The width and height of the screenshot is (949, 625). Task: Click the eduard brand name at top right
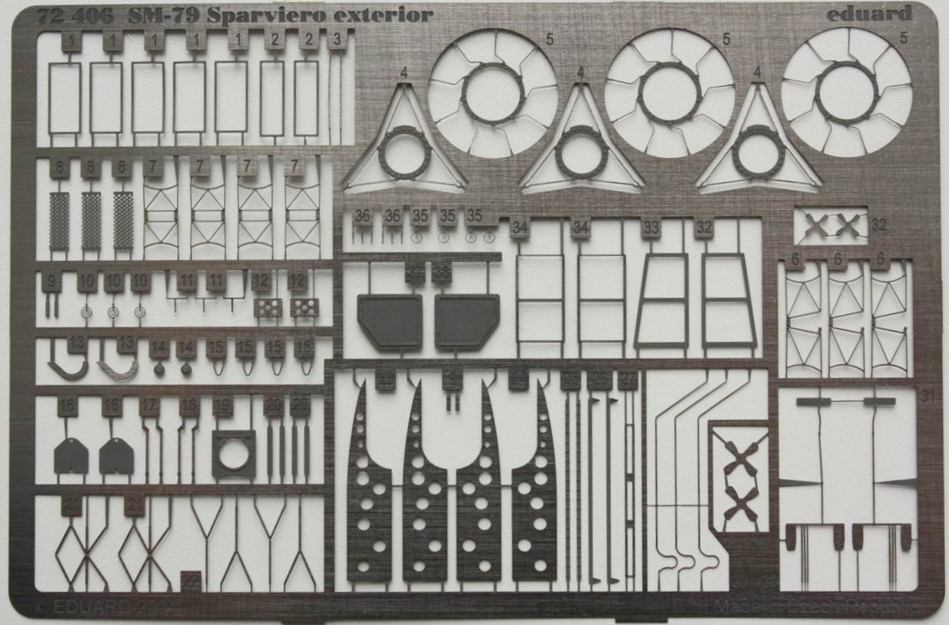tap(871, 13)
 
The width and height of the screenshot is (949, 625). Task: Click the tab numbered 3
tap(337, 39)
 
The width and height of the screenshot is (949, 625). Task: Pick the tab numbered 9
tap(51, 281)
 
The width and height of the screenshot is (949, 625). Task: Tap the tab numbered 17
tap(150, 405)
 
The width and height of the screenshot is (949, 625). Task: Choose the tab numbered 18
tap(188, 405)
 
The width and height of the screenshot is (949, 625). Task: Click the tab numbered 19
tap(223, 405)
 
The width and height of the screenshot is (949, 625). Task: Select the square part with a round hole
tap(234, 454)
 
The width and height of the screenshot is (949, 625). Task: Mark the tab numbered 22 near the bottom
tap(386, 378)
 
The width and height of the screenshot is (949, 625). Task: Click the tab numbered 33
tap(651, 228)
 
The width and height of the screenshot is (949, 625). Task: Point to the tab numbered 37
tap(415, 273)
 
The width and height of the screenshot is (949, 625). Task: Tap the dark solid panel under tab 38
tap(467, 321)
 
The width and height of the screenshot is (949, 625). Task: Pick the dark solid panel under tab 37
tap(390, 321)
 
